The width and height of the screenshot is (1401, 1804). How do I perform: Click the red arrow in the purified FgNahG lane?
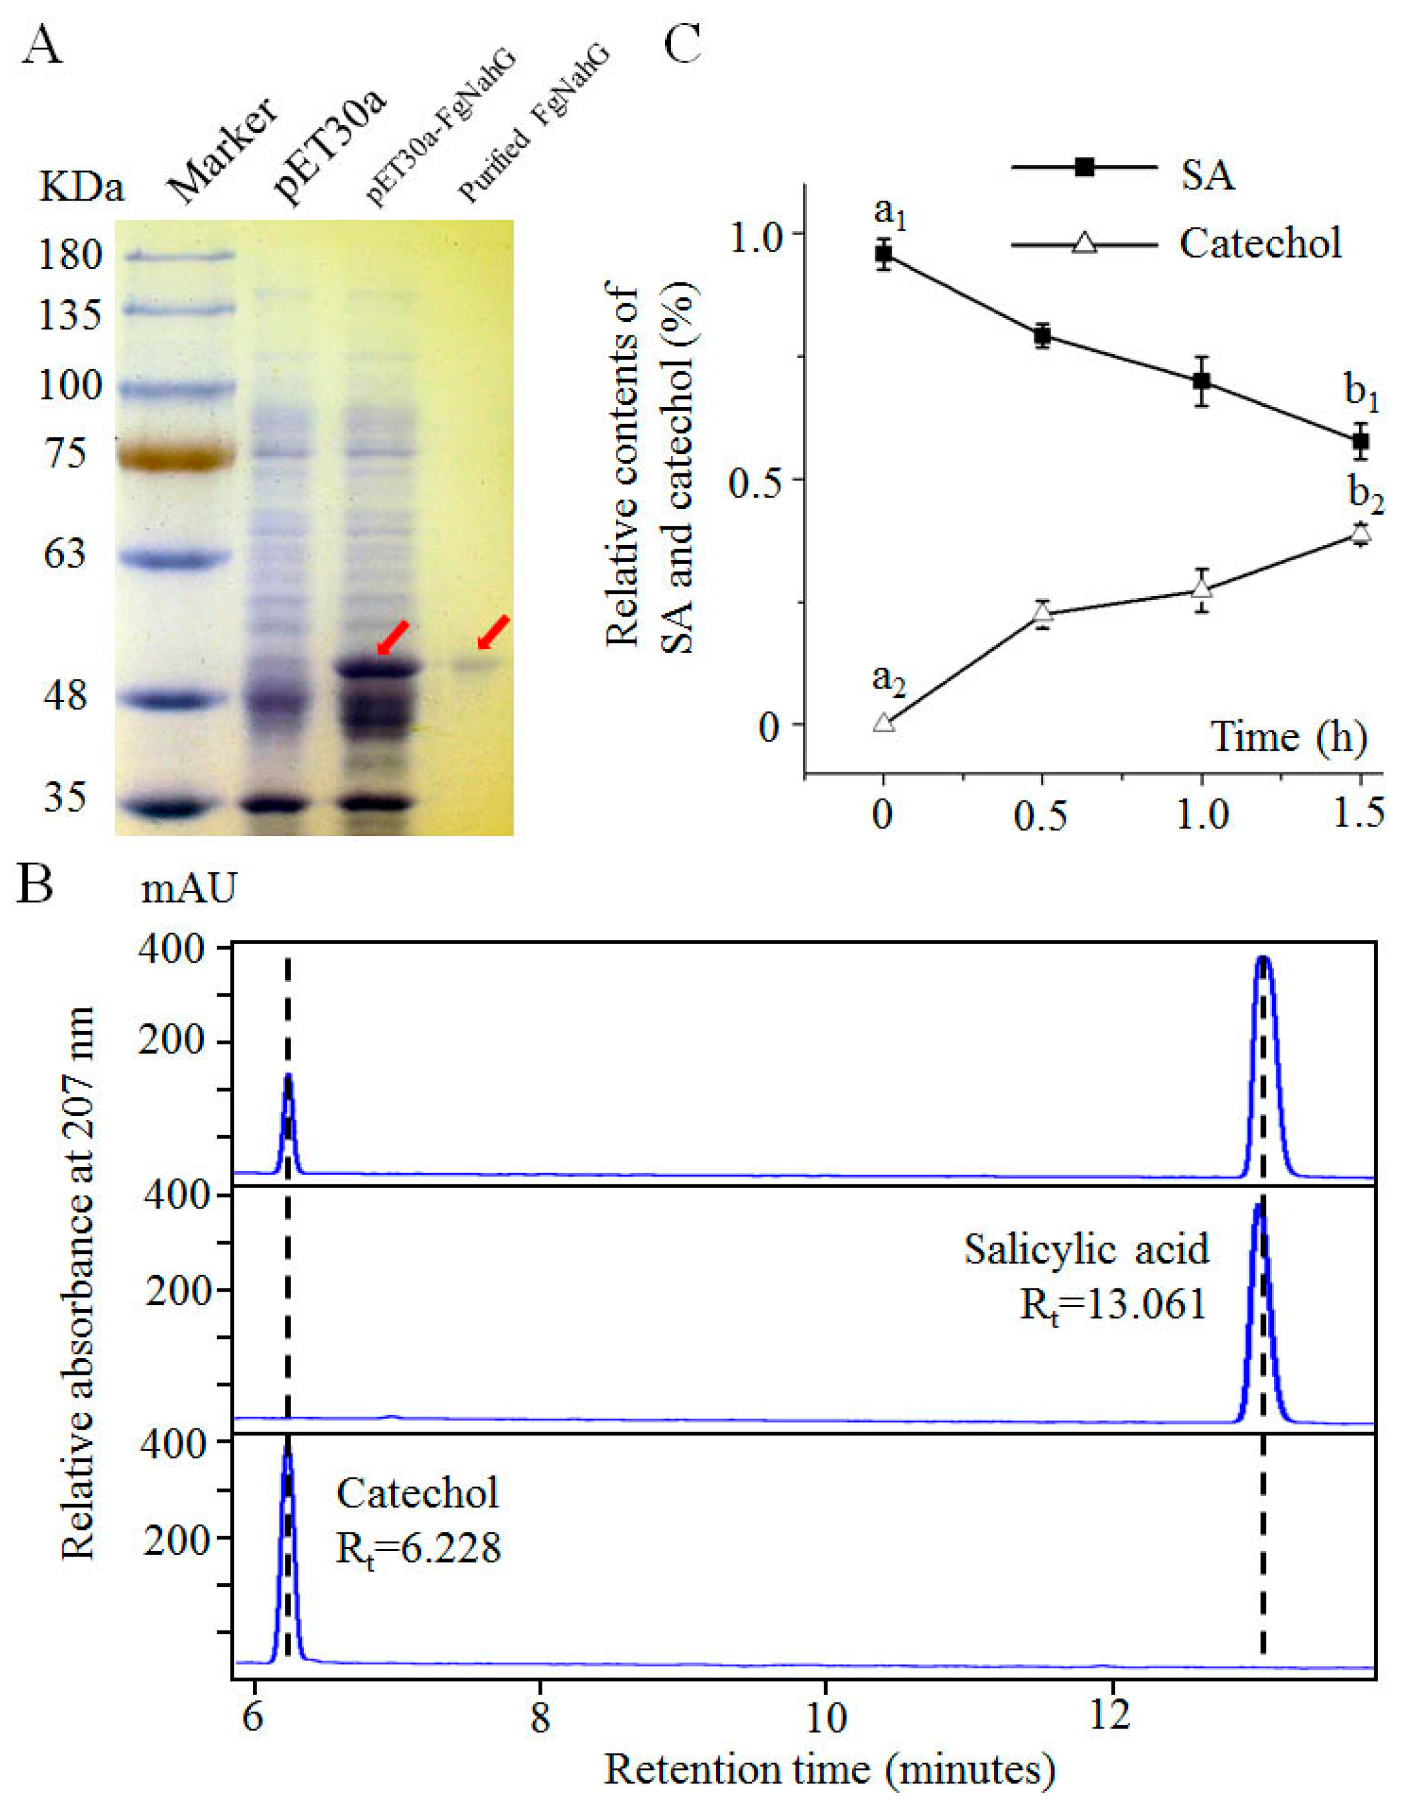(494, 632)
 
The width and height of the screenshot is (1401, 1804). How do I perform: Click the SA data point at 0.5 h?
(1043, 335)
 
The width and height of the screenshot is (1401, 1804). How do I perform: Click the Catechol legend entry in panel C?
(1259, 243)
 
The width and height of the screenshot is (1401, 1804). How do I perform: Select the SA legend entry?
(1206, 174)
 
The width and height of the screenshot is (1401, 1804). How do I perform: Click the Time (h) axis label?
(1288, 736)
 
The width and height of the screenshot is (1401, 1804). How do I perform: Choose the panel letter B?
(36, 885)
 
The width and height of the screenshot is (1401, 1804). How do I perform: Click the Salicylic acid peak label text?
(1085, 1248)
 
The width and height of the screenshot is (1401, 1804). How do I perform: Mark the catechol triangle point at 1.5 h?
(1361, 533)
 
